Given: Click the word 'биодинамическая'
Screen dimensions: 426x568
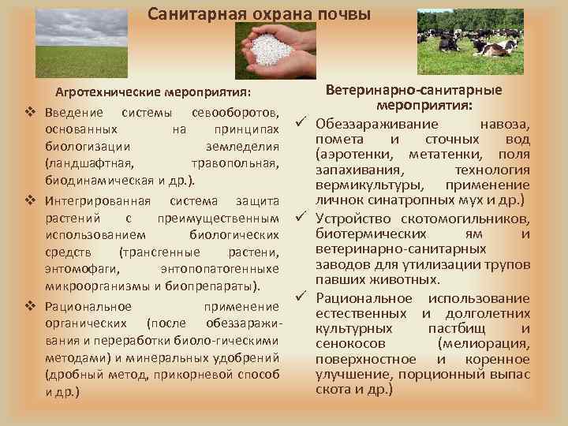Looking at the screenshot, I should click(88, 179).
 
